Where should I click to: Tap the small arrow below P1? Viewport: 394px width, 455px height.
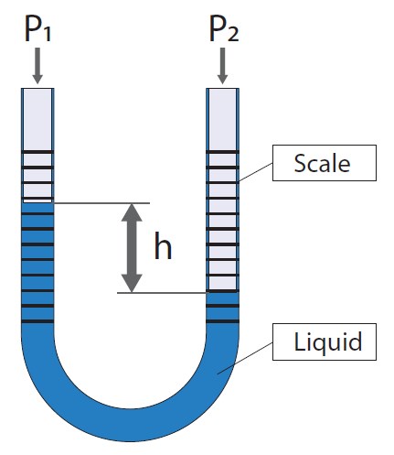point(37,67)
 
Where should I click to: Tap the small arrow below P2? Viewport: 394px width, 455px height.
point(222,67)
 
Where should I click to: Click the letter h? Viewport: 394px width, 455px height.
point(163,247)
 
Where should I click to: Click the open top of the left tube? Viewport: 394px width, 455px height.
point(37,89)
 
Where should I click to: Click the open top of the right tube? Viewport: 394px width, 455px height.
point(222,89)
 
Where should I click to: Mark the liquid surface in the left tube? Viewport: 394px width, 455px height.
point(37,202)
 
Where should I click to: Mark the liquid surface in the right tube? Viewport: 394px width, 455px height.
point(222,293)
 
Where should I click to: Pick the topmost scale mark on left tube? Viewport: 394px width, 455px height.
point(37,151)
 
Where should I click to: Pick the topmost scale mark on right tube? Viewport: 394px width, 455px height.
point(222,151)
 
